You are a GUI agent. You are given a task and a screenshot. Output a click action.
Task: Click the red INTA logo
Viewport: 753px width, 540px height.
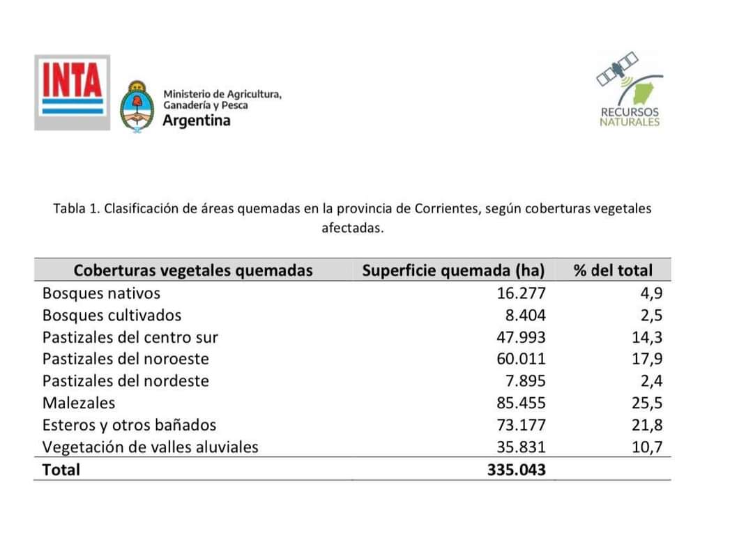(x=73, y=92)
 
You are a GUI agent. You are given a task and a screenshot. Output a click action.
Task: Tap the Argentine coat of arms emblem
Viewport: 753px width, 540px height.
(x=138, y=106)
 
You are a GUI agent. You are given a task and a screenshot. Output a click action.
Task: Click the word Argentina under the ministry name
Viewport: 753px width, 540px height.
(x=196, y=121)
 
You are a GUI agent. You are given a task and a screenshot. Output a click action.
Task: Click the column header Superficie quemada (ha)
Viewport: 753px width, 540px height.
(x=453, y=270)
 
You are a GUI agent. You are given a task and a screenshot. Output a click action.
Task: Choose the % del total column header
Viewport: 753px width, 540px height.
(x=613, y=270)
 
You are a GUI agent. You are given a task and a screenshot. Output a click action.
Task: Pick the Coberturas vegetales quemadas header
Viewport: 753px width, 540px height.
(x=193, y=270)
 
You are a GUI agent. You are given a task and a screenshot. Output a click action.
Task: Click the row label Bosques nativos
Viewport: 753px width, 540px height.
(x=101, y=293)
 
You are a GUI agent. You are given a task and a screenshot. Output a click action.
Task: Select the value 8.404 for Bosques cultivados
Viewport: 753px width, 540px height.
(x=526, y=316)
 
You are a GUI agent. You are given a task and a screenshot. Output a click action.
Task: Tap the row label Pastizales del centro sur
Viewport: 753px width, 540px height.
(x=130, y=338)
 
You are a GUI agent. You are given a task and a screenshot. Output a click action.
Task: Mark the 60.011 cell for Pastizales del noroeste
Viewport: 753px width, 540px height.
(x=522, y=360)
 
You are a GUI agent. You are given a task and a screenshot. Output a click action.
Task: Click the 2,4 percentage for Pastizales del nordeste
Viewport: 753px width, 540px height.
(x=651, y=381)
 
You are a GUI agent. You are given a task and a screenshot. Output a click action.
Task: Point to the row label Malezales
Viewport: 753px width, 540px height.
(x=79, y=403)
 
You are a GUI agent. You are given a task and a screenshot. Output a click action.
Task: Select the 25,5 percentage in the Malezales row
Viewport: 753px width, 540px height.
(x=648, y=403)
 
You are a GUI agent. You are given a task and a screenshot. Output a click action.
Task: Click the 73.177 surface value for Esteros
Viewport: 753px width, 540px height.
(x=522, y=425)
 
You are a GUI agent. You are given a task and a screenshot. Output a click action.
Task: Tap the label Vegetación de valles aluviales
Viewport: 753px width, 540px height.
(x=150, y=447)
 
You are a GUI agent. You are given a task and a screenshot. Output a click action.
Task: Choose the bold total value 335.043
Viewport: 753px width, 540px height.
(x=517, y=470)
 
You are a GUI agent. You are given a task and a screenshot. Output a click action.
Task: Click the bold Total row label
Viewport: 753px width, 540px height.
(x=61, y=470)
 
